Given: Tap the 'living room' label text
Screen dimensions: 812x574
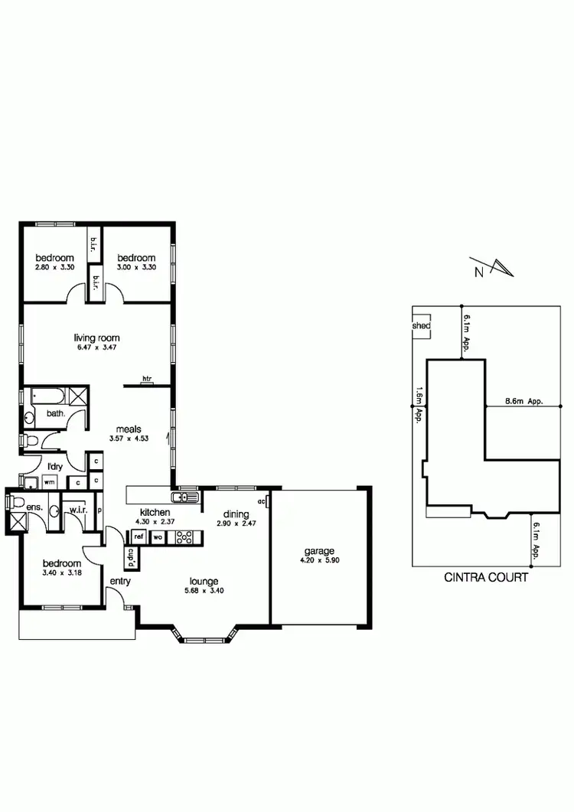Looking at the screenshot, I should (x=96, y=338).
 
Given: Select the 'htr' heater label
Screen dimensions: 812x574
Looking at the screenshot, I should (x=146, y=378).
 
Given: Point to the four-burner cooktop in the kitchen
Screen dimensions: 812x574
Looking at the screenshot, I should (x=184, y=537).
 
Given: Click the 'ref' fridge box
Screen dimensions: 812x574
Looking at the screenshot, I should (x=139, y=537).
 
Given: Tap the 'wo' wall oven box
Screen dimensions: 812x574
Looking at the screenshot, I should (x=158, y=537).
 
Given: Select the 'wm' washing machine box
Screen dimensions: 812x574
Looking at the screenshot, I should (x=48, y=482).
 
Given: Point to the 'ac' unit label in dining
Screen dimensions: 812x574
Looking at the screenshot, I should (x=262, y=502).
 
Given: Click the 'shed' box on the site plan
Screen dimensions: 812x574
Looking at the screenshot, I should (x=421, y=326).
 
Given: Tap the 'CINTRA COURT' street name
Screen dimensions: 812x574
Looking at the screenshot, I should (x=486, y=578).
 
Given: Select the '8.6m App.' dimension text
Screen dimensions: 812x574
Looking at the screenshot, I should (x=524, y=400).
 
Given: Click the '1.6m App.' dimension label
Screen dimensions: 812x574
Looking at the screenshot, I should (x=419, y=405).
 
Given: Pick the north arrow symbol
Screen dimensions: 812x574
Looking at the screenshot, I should (x=497, y=268).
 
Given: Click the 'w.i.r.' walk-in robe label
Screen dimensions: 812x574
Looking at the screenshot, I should (x=77, y=510).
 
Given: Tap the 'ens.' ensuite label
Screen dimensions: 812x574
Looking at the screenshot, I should (x=34, y=507).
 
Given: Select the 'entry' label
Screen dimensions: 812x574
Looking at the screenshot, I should (x=120, y=581).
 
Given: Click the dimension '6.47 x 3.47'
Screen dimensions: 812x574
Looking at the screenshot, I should (x=96, y=347).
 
